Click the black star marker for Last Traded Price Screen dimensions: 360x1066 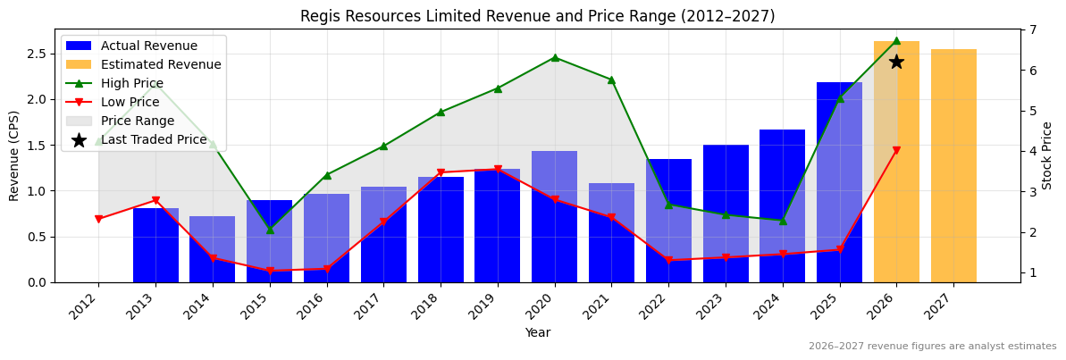[x=896, y=62]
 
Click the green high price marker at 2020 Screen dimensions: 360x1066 [x=555, y=57]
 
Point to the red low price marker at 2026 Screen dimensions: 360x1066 [x=896, y=151]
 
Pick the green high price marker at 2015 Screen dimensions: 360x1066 [x=270, y=230]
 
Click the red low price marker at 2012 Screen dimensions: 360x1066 [x=98, y=219]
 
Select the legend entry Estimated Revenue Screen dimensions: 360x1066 [x=161, y=64]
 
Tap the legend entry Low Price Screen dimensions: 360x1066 [x=130, y=102]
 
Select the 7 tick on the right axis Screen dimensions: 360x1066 [x=1033, y=29]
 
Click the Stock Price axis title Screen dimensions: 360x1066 [x=1047, y=155]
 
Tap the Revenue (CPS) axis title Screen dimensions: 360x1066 [x=14, y=155]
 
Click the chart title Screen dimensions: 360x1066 [x=537, y=16]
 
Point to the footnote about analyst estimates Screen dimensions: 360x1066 [x=932, y=347]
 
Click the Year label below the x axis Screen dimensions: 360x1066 [x=537, y=333]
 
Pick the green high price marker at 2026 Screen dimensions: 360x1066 [x=896, y=40]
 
